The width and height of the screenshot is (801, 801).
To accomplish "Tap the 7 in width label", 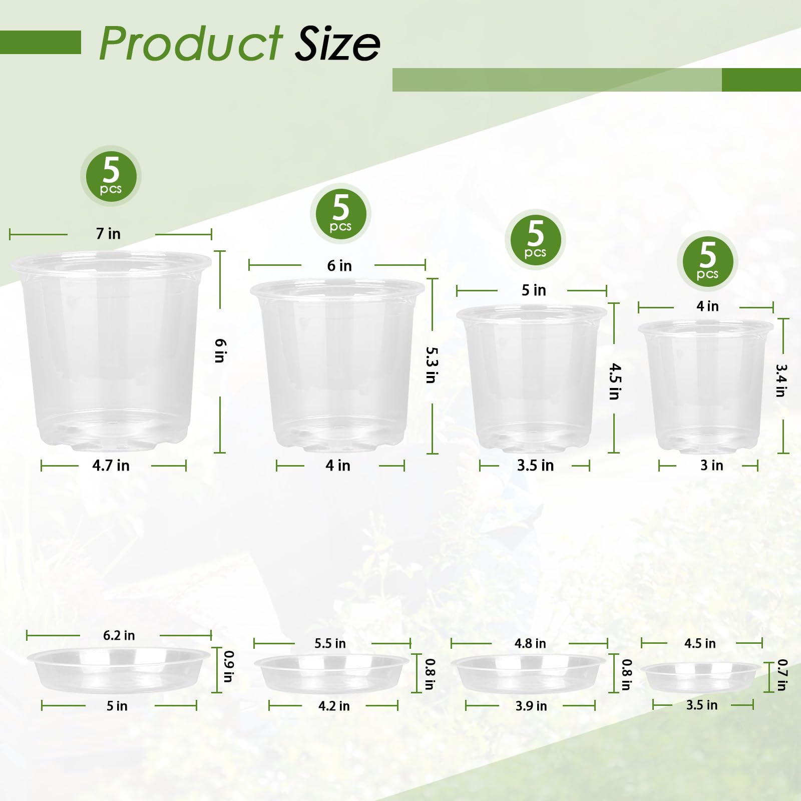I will click(x=108, y=234).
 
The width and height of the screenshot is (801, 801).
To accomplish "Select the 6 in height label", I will click(x=220, y=350).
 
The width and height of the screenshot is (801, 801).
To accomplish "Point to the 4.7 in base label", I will click(x=111, y=466).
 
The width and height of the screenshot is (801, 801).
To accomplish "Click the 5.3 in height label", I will click(x=431, y=365).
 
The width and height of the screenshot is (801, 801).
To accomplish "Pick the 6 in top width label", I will click(x=339, y=266).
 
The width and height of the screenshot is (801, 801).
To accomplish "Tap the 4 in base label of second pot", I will click(x=338, y=466).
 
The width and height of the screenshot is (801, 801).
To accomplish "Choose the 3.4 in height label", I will click(x=781, y=380).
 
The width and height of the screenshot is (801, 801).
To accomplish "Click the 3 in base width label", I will click(x=711, y=466).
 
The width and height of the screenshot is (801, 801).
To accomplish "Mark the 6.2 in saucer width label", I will click(x=119, y=635).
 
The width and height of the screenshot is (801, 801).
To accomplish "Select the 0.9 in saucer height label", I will click(x=228, y=666).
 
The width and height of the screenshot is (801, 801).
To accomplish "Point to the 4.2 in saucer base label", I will click(x=334, y=706).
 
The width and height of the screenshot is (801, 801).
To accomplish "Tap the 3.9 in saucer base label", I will click(x=531, y=706).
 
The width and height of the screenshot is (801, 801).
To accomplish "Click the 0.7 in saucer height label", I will click(x=782, y=675).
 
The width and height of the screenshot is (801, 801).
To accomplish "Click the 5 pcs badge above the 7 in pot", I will click(x=111, y=176).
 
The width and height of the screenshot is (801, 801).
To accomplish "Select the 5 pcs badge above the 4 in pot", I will click(x=707, y=261).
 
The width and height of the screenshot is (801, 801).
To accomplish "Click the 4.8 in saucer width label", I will click(x=530, y=643).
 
